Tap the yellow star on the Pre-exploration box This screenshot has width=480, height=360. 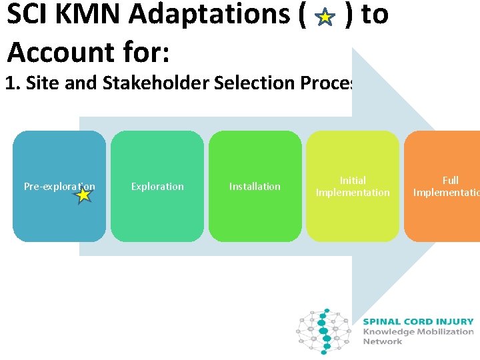(x=83, y=195)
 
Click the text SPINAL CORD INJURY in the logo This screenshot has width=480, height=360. (x=418, y=321)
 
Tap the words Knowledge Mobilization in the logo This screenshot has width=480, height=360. (x=418, y=331)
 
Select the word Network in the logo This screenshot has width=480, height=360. (x=383, y=341)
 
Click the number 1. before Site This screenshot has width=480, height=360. (x=11, y=83)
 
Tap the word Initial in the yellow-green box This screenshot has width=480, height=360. (x=353, y=180)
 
